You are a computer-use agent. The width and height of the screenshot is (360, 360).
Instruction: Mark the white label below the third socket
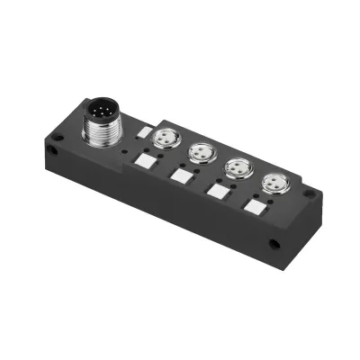216,190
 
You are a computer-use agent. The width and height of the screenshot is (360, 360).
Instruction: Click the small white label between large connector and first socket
141,131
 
